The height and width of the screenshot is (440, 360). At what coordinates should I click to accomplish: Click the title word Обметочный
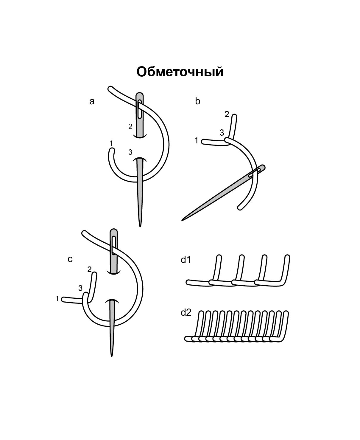pos(180,72)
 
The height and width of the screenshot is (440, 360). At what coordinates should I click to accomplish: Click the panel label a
pos(92,102)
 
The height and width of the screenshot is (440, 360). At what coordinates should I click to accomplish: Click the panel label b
pos(198,101)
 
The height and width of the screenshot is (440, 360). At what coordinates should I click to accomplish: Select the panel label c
pos(70,259)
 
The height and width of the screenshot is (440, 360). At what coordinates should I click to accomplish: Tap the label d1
pos(186,260)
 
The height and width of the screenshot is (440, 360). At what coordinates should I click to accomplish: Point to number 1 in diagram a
pos(111,143)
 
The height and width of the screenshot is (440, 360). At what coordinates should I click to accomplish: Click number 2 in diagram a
pos(130,126)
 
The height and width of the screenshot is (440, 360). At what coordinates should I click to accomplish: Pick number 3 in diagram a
pos(130,152)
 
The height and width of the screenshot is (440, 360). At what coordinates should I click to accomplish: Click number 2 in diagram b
pos(227,114)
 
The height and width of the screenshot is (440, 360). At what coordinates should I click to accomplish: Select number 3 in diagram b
pos(222,132)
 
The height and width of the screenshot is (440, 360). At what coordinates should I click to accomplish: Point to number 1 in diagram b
pos(196,140)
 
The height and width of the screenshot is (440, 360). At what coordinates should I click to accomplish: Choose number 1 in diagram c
pos(57,299)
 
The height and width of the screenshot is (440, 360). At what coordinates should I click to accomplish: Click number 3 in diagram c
pos(80,288)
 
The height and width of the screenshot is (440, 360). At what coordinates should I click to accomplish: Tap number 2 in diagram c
pos(89,269)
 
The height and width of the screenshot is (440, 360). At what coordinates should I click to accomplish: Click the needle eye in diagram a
pos(139,109)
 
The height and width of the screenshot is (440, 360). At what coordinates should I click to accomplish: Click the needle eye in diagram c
pos(114,246)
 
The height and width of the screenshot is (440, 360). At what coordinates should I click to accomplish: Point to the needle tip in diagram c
pos(112,356)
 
